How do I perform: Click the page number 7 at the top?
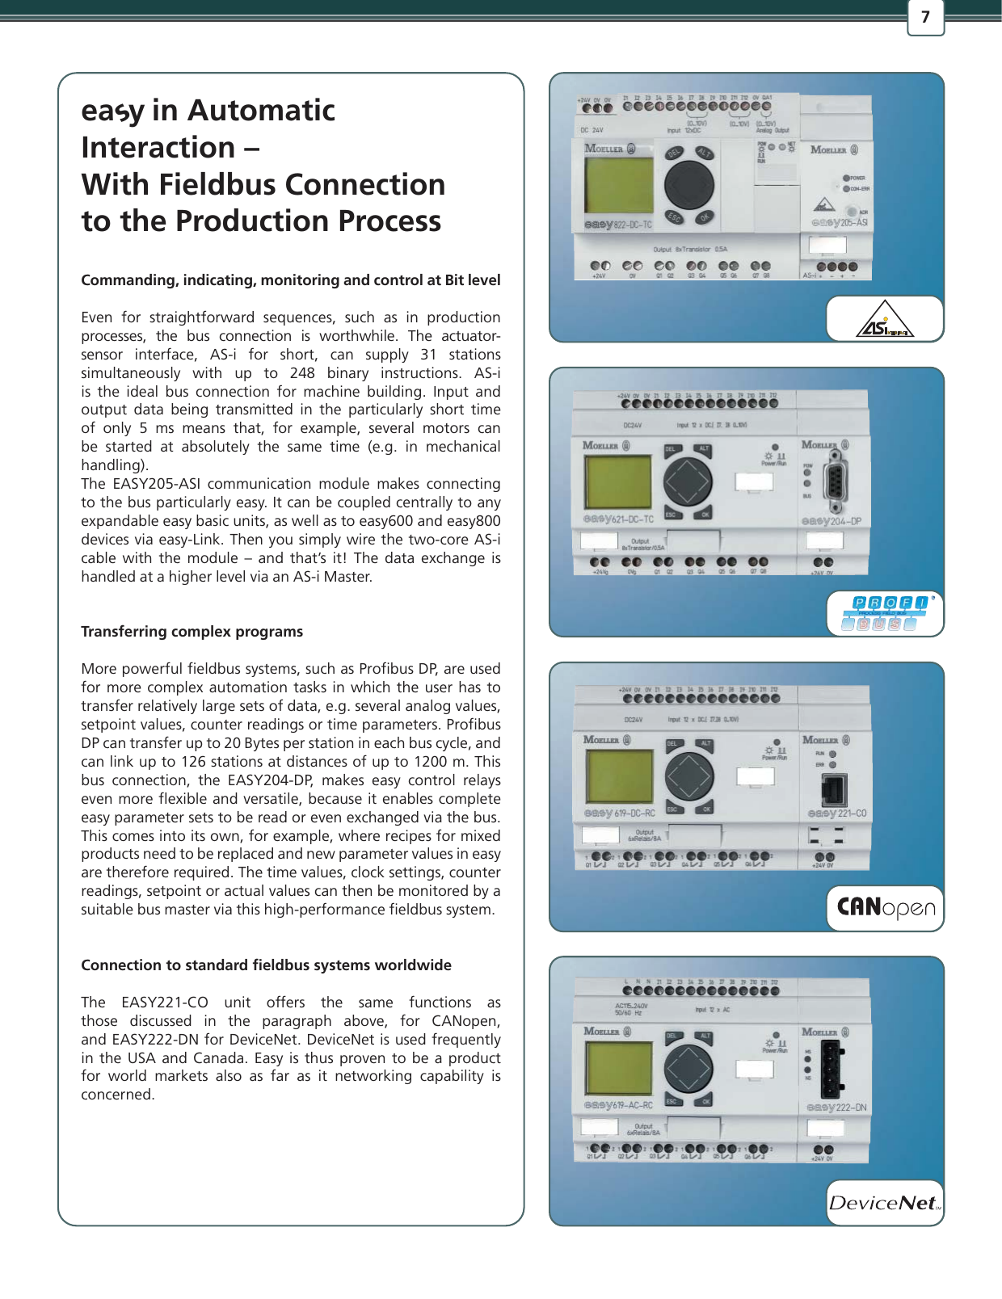coord(925,17)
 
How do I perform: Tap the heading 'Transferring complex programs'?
coord(192,632)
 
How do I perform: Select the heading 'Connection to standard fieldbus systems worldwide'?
coord(266,965)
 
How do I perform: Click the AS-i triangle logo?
coord(884,325)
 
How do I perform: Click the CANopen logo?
coord(886,908)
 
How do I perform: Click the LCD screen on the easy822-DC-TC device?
coord(618,185)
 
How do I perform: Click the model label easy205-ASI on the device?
coord(839,222)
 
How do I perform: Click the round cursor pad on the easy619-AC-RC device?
coord(689,1068)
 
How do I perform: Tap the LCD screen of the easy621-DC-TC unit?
coord(618,482)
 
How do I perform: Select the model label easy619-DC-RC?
coord(619,813)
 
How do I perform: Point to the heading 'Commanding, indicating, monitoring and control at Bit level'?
coord(290,280)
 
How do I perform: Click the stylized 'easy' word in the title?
coord(112,111)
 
